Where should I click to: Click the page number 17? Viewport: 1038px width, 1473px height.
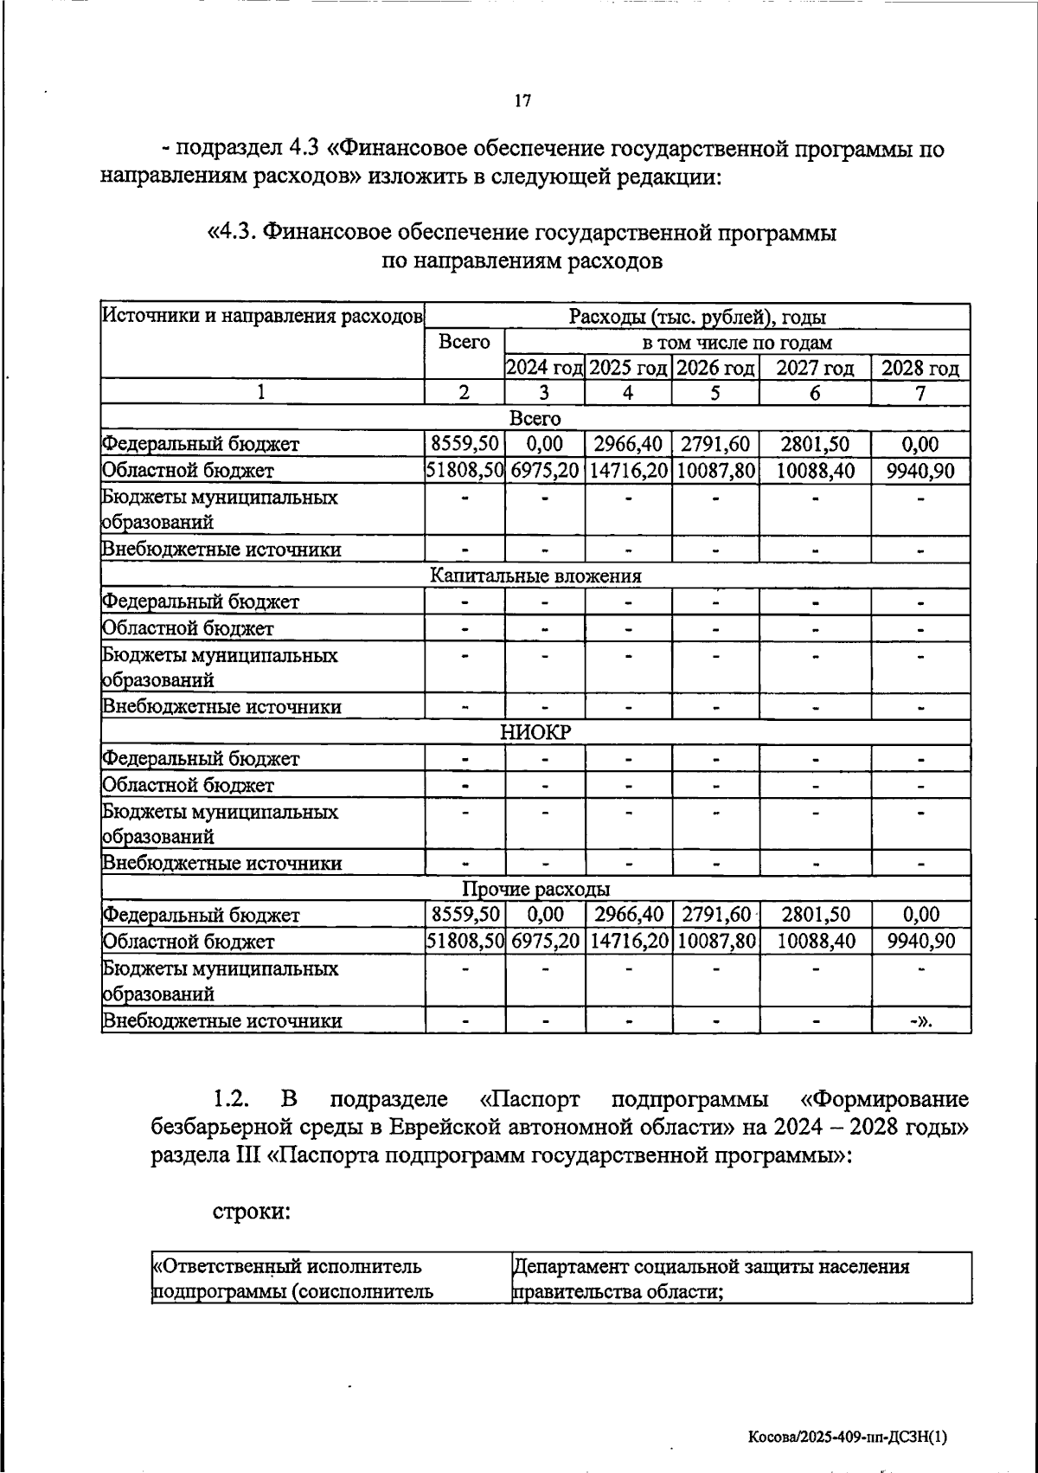(522, 101)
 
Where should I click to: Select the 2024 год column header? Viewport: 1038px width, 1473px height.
(544, 369)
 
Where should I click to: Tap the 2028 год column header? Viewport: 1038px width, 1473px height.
(919, 369)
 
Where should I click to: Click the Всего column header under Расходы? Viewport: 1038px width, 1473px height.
(465, 343)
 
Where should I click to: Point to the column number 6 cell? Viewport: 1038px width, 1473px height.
(814, 394)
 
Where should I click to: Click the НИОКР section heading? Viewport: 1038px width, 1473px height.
(535, 733)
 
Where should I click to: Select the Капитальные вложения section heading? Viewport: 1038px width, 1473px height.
(535, 576)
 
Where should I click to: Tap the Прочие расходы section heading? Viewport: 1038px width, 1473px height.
(535, 890)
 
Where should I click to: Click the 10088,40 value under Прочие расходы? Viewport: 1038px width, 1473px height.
(814, 942)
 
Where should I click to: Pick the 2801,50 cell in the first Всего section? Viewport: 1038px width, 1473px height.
(814, 445)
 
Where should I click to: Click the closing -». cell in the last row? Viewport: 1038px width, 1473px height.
(920, 1021)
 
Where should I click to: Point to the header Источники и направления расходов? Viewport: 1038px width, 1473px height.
(262, 316)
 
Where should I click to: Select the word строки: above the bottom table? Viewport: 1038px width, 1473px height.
(251, 1211)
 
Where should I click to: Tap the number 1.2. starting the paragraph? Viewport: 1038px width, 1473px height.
(231, 1100)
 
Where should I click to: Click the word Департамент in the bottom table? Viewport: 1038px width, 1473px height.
(569, 1267)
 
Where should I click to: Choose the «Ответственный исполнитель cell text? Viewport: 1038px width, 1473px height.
(286, 1267)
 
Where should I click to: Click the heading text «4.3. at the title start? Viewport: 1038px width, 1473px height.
(233, 233)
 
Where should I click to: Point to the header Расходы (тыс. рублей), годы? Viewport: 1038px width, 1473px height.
(696, 317)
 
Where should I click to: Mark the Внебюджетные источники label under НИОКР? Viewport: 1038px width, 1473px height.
(221, 864)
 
